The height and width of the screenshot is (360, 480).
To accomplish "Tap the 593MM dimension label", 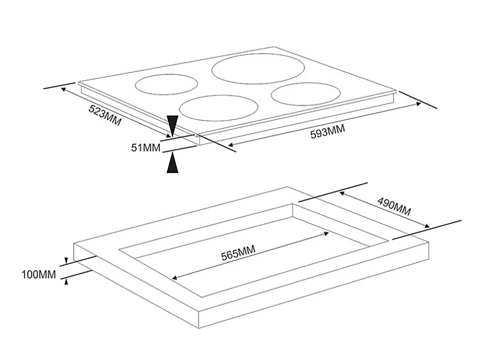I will click(x=327, y=132).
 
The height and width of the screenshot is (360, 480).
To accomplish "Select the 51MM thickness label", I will click(x=146, y=148).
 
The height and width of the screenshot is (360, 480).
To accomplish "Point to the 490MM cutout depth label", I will click(x=394, y=207).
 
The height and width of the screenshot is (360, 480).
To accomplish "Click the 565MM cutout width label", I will click(x=238, y=253).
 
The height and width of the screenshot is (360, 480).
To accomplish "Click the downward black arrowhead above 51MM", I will click(x=172, y=125).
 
